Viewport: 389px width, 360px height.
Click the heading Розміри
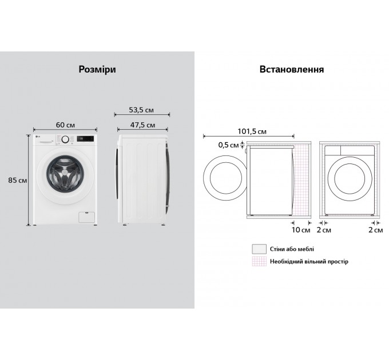click(x=97, y=69)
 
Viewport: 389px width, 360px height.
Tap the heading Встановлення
click(x=292, y=69)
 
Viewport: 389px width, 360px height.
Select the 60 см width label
click(x=65, y=125)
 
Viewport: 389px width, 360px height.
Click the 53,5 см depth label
click(x=141, y=110)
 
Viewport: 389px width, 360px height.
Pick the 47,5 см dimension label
click(x=142, y=125)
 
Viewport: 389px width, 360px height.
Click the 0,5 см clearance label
click(x=228, y=145)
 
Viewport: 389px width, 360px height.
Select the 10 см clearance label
click(x=300, y=230)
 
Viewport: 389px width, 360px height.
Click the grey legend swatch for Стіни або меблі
click(x=259, y=249)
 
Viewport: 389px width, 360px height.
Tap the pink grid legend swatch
click(x=259, y=261)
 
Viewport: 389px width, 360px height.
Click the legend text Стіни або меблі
click(x=292, y=249)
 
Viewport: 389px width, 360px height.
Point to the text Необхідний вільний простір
click(x=309, y=261)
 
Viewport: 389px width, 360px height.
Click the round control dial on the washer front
click(x=65, y=139)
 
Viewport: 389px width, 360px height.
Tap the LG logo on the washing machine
click(x=38, y=136)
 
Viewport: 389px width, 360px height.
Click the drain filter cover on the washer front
click(x=87, y=217)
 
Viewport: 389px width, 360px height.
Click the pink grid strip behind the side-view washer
click(x=301, y=180)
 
